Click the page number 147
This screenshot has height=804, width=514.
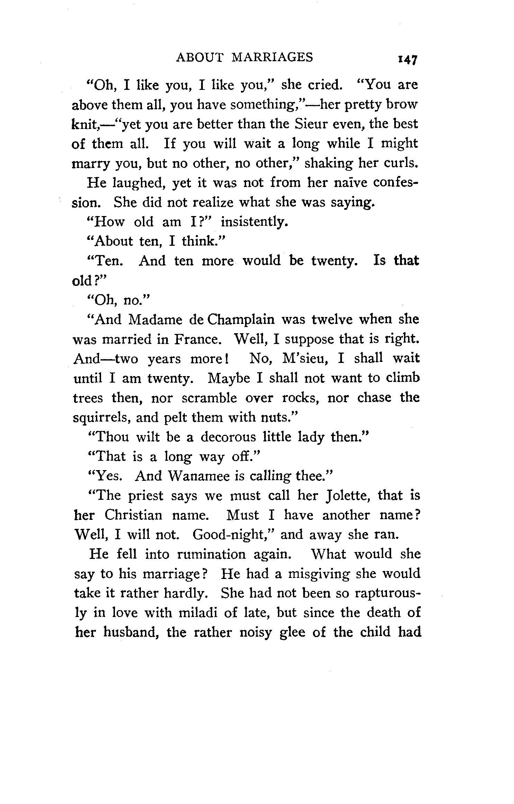pyautogui.click(x=408, y=59)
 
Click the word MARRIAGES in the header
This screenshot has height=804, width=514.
pyautogui.click(x=272, y=57)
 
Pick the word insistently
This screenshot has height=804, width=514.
pyautogui.click(x=254, y=222)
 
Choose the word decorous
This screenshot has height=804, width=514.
pyautogui.click(x=228, y=437)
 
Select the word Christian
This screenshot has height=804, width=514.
pyautogui.click(x=133, y=515)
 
